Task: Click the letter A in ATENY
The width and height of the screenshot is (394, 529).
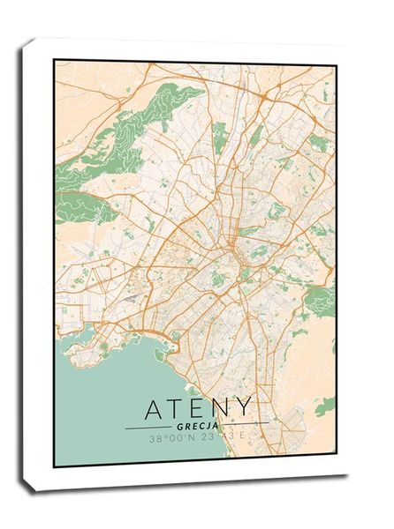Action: point(155,409)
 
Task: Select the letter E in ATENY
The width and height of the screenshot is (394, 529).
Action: point(200,409)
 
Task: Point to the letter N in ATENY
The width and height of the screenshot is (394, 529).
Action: point(221,409)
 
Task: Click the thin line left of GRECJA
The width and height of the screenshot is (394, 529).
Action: point(147,427)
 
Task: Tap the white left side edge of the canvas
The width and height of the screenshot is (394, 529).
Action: point(36,264)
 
